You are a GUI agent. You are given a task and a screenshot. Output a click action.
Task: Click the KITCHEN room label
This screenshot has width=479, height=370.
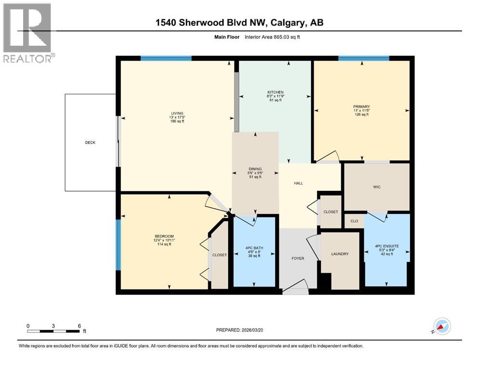275,92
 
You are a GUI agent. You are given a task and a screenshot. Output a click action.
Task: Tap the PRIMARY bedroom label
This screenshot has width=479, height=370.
360,106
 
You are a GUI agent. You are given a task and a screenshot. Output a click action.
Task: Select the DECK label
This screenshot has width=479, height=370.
90,143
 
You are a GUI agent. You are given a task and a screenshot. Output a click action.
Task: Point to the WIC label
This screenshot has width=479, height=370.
377,187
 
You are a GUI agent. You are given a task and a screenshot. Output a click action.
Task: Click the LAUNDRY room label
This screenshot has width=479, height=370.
340,254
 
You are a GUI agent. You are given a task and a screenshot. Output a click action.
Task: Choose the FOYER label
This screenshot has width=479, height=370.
298,259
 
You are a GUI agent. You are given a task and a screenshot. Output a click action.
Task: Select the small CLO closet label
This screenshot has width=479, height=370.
354,221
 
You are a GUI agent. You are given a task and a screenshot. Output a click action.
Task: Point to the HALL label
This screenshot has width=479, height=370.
298,183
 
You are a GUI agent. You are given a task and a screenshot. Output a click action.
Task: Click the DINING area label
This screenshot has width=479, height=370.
255,169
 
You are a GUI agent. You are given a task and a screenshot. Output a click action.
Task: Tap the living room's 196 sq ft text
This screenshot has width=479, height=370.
177,121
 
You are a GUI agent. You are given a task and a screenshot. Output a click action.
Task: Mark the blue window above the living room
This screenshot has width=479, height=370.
166,58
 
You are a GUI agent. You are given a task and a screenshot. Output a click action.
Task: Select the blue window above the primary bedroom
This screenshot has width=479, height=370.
364,58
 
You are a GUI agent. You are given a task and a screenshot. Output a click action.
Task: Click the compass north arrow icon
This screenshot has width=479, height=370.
442,326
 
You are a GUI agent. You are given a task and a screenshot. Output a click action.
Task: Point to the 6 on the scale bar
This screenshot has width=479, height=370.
79,326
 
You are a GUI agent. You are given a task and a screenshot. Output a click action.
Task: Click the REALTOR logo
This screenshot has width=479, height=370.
27,33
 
